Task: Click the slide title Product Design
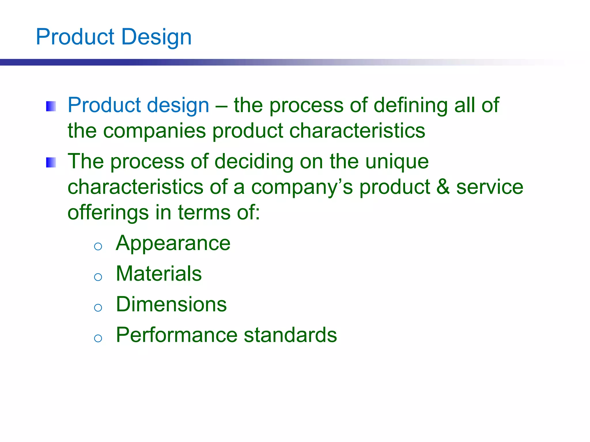click(x=114, y=37)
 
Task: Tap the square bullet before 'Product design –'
click(x=51, y=106)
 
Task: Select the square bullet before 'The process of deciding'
click(x=51, y=163)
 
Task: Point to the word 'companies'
click(x=154, y=131)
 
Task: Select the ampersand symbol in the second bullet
click(x=443, y=187)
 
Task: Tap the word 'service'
click(x=490, y=187)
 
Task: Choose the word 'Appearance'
click(x=173, y=243)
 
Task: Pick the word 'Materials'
click(x=159, y=274)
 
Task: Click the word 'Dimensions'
click(x=171, y=304)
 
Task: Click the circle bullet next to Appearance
click(x=98, y=246)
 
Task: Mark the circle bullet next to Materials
click(x=98, y=277)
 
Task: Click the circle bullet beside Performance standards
click(x=98, y=338)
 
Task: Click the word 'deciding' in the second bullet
click(x=254, y=162)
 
